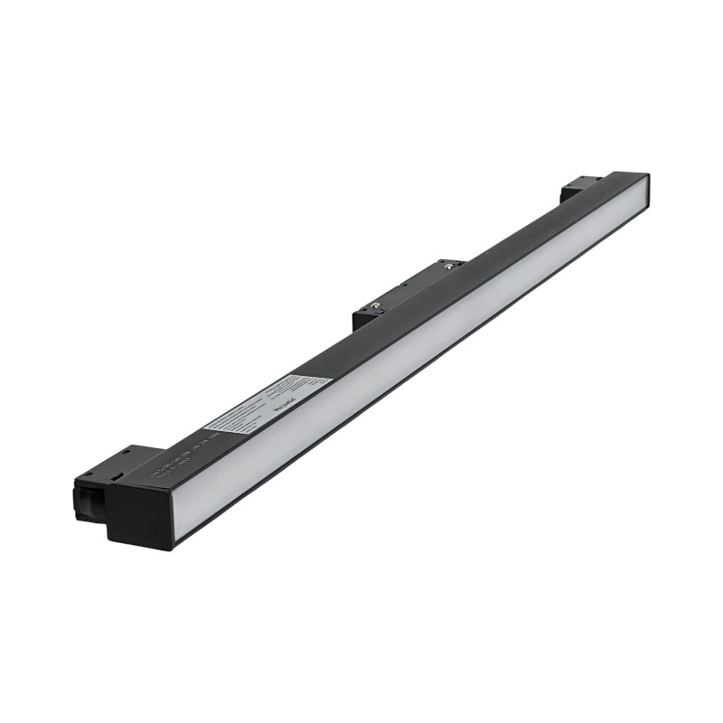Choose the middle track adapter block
407,292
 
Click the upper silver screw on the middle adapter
446,266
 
